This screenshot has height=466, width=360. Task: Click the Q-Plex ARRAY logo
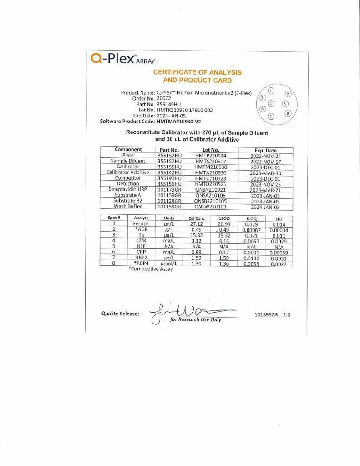pos(123,59)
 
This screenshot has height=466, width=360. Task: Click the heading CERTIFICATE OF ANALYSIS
pos(197,72)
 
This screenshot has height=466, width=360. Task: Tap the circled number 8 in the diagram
pos(288,113)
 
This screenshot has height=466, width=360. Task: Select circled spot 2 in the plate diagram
pos(288,94)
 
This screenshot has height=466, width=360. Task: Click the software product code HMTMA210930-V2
pos(179,122)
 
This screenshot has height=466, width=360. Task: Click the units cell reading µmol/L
pos(168,264)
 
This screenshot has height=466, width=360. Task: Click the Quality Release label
pos(120,313)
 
